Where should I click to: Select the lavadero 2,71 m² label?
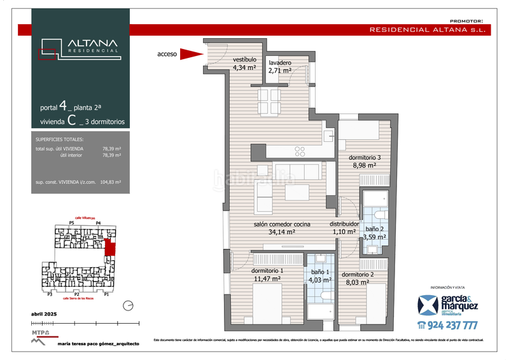click(280, 67)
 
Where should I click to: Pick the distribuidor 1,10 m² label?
click(344, 228)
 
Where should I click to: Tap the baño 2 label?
click(374, 233)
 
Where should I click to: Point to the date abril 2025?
click(44, 315)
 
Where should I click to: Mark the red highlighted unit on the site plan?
click(110, 247)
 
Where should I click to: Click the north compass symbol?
click(129, 306)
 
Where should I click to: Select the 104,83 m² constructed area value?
click(111, 182)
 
